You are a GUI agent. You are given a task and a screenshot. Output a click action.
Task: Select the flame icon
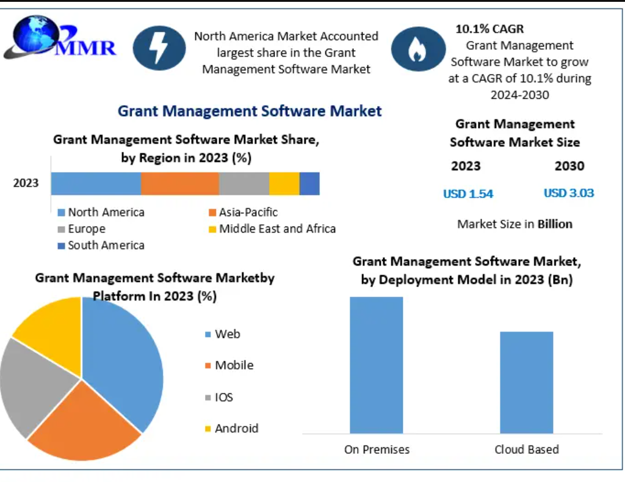click(x=417, y=49)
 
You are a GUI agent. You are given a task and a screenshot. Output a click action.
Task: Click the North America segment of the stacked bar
click(x=96, y=183)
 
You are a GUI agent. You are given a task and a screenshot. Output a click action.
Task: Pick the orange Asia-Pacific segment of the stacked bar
click(x=180, y=183)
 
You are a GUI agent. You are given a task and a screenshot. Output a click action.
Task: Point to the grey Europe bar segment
click(x=244, y=183)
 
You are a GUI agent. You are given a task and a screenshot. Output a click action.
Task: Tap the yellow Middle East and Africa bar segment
click(x=284, y=183)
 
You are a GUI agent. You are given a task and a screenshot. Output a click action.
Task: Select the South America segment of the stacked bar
click(x=309, y=183)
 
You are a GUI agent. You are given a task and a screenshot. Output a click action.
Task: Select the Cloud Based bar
click(x=526, y=382)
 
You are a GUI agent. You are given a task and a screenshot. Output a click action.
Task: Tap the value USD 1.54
click(x=468, y=194)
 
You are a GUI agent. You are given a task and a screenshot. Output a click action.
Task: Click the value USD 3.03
click(x=569, y=193)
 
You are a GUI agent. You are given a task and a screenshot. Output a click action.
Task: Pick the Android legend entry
click(x=232, y=428)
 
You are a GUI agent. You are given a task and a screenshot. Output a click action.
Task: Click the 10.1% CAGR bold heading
click(x=490, y=29)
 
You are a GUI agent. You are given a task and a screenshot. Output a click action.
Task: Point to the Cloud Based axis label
click(x=526, y=450)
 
